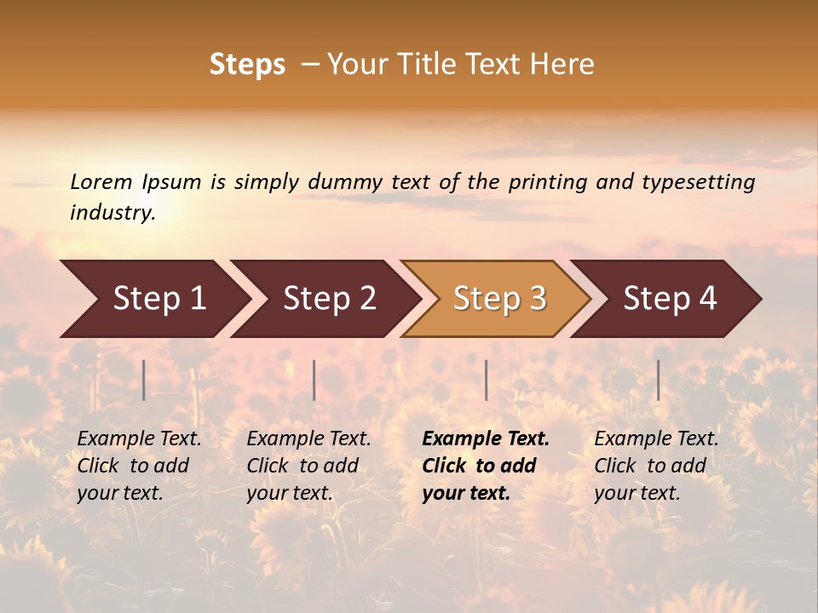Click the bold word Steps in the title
click(x=247, y=65)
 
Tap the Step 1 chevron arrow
click(x=153, y=299)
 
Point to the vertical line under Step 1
click(x=144, y=380)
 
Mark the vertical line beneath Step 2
click(x=314, y=380)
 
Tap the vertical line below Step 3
click(x=486, y=380)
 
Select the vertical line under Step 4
click(x=658, y=380)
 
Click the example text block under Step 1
click(x=139, y=466)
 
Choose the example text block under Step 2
click(x=308, y=466)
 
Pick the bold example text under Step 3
click(x=486, y=466)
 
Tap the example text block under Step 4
click(x=656, y=466)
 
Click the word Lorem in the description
click(x=101, y=181)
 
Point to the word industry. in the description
click(x=112, y=212)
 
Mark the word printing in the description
click(x=547, y=182)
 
